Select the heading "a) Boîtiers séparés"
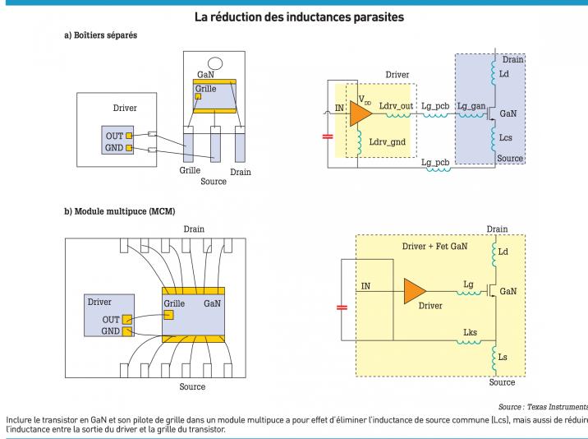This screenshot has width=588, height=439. click(x=101, y=36)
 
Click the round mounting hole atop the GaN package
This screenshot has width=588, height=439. click(x=215, y=63)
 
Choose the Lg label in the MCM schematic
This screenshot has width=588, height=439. click(x=469, y=284)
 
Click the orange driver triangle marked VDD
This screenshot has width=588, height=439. click(x=360, y=112)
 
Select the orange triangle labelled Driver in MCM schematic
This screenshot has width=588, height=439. click(x=414, y=290)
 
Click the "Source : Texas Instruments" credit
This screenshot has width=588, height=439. click(x=543, y=407)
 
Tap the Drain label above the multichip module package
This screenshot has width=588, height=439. click(x=195, y=229)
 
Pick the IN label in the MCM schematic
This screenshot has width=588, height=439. click(x=366, y=284)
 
